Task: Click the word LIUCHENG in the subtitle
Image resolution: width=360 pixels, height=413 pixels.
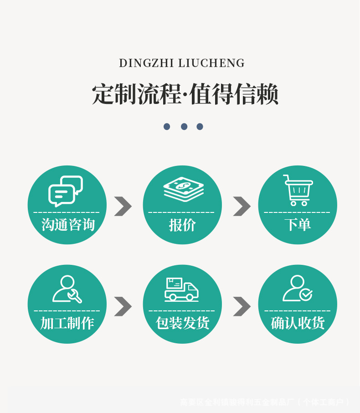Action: [211, 63]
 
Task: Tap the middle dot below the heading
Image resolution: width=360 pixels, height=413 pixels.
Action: [184, 127]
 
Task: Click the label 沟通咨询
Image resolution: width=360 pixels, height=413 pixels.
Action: [67, 225]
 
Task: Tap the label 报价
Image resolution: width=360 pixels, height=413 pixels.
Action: [182, 225]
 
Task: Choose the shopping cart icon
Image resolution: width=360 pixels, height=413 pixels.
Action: [298, 190]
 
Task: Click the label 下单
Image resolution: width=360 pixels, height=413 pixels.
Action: [298, 225]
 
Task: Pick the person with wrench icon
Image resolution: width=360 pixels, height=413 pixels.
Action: [67, 289]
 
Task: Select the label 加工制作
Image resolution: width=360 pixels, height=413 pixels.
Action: [67, 323]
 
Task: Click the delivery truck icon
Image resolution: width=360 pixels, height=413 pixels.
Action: [181, 289]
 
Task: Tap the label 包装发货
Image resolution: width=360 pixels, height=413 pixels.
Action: [182, 323]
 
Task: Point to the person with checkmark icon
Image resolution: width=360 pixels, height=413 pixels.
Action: [297, 289]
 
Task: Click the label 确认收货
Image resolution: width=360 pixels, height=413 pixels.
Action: [298, 323]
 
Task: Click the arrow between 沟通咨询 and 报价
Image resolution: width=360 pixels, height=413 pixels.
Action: [123, 206]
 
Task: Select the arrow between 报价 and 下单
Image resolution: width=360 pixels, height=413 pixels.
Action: [242, 206]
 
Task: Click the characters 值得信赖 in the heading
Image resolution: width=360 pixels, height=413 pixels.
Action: [233, 95]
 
